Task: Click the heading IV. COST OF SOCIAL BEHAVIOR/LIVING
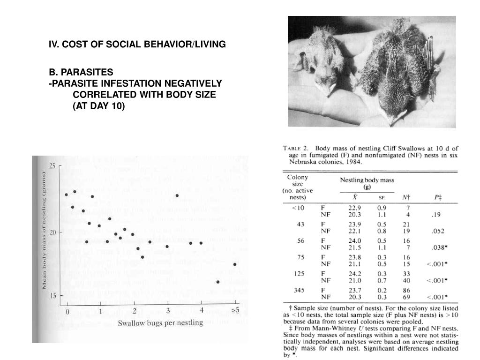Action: click(137, 44)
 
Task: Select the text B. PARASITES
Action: click(82, 72)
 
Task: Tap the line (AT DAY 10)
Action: click(98, 106)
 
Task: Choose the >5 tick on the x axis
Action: click(235, 310)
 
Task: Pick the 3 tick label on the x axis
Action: click(167, 311)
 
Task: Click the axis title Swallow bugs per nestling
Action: click(160, 322)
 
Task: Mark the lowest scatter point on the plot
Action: click(218, 282)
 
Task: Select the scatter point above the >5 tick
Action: click(235, 264)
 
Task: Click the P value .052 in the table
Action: click(438, 231)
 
